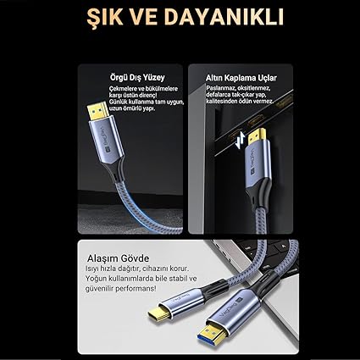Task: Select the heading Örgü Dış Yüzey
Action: coord(137,77)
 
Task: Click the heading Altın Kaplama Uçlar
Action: coord(241,78)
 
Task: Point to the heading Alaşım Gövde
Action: coord(118,258)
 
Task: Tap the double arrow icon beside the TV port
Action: coord(240,141)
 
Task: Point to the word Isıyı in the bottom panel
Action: coord(91,269)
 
